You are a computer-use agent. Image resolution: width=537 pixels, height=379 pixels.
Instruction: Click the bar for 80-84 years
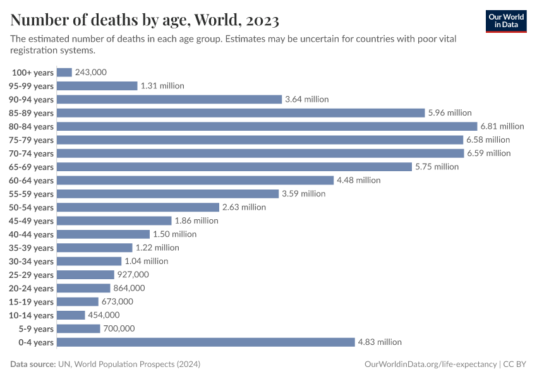(267, 126)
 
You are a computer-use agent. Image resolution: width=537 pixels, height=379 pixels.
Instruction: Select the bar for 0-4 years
(206, 342)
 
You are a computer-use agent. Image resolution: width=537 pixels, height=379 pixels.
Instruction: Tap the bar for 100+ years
(64, 73)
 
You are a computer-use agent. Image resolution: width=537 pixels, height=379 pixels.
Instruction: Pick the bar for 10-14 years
(71, 315)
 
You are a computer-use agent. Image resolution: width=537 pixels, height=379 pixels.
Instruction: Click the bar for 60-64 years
(195, 180)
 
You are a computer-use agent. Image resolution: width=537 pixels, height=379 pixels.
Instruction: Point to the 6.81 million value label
(502, 126)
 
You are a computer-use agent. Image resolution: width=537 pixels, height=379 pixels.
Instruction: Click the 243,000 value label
(90, 73)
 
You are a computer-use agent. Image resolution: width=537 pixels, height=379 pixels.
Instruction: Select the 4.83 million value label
(380, 342)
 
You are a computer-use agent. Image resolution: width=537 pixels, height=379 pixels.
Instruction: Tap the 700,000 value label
(119, 328)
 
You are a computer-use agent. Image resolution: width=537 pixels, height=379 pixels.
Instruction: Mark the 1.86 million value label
(196, 220)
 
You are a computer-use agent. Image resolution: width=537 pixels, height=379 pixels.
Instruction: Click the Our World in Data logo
(506, 21)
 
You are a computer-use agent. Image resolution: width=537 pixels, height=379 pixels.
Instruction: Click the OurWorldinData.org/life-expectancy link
(431, 364)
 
